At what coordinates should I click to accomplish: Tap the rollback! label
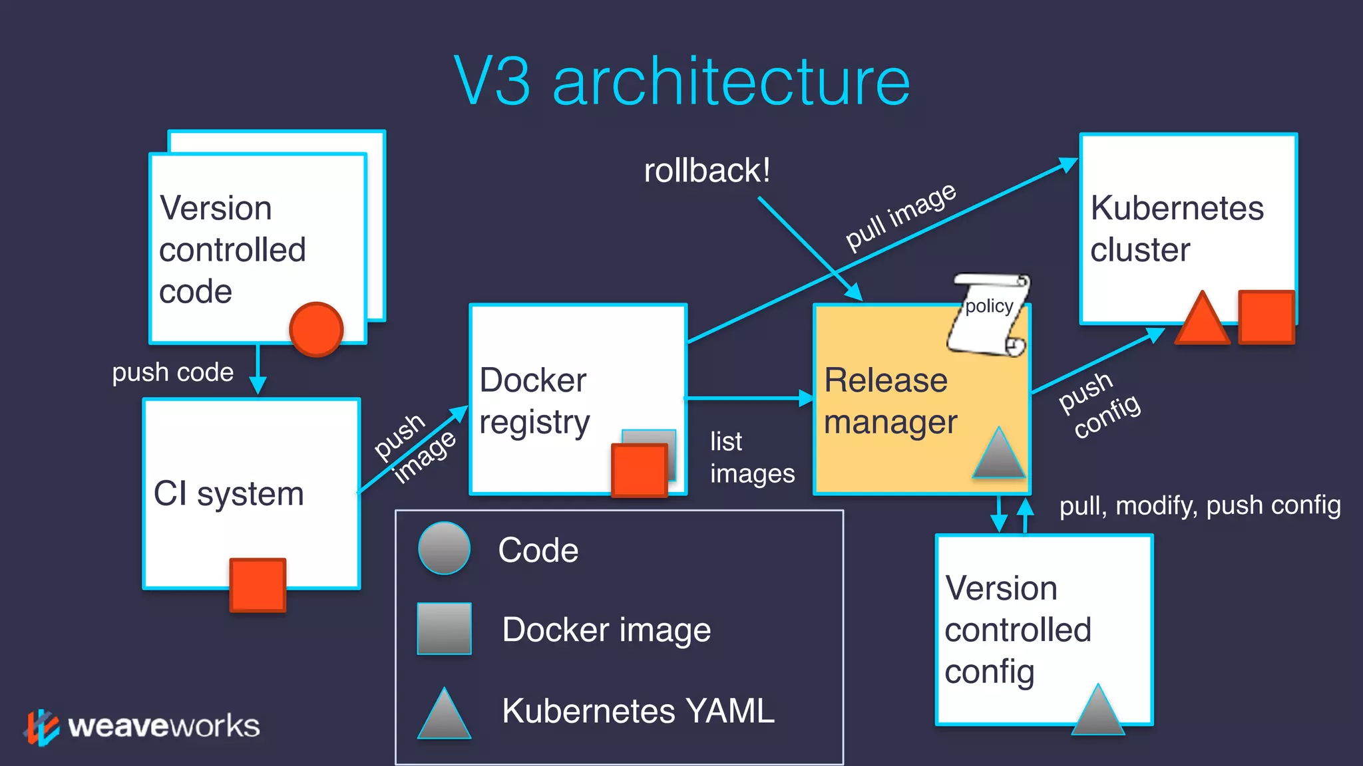pyautogui.click(x=707, y=170)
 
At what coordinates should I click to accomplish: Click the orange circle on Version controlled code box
pyautogui.click(x=316, y=329)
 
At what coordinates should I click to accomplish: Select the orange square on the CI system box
pyautogui.click(x=258, y=584)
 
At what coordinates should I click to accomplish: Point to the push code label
pyautogui.click(x=172, y=372)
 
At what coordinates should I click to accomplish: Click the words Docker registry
pyautogui.click(x=534, y=401)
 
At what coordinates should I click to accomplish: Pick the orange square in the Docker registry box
pyautogui.click(x=639, y=470)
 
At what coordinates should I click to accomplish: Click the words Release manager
pyautogui.click(x=890, y=401)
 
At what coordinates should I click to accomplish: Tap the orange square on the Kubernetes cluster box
pyautogui.click(x=1266, y=317)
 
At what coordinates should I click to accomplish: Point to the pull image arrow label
pyautogui.click(x=900, y=217)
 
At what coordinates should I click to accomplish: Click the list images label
pyautogui.click(x=751, y=457)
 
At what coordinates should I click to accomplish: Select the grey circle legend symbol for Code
pyautogui.click(x=444, y=549)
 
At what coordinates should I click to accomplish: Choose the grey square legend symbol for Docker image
pyautogui.click(x=444, y=628)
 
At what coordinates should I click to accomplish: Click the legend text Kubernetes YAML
pyautogui.click(x=638, y=710)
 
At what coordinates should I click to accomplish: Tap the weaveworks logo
pyautogui.click(x=142, y=726)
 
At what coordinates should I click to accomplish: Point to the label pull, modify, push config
pyautogui.click(x=1199, y=505)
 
